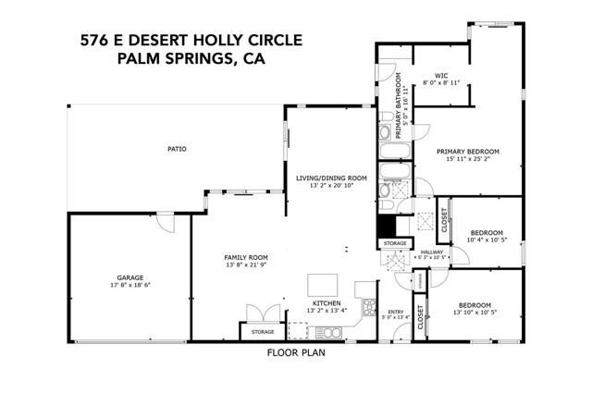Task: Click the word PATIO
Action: pyautogui.click(x=176, y=148)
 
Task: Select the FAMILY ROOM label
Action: pyautogui.click(x=246, y=257)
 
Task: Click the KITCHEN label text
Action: pyautogui.click(x=327, y=303)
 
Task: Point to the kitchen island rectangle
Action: pyautogui.click(x=324, y=282)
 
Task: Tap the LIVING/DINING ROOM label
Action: pyautogui.click(x=331, y=178)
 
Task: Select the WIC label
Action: pyautogui.click(x=441, y=75)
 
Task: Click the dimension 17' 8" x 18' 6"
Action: pyautogui.click(x=129, y=285)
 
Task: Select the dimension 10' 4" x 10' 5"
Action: pyautogui.click(x=487, y=240)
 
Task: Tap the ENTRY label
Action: pyautogui.click(x=396, y=313)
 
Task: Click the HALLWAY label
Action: pyautogui.click(x=432, y=252)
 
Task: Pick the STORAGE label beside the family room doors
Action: pyautogui.click(x=263, y=330)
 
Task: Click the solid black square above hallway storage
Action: pyautogui.click(x=386, y=227)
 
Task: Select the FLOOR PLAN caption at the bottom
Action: pyautogui.click(x=295, y=352)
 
